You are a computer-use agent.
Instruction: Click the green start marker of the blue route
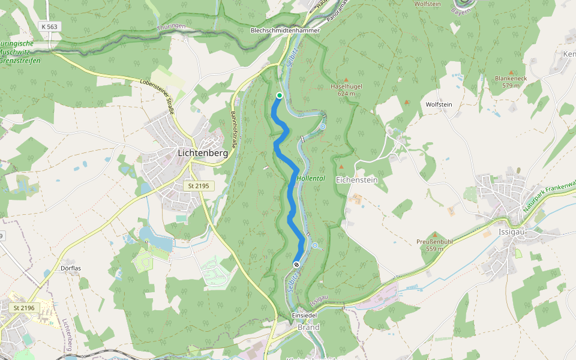tap(280, 95)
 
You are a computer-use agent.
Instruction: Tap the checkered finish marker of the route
tap(296, 264)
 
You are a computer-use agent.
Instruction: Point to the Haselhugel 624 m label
tap(346, 89)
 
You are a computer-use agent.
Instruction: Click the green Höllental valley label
tap(311, 179)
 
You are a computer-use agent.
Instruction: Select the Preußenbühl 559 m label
tap(434, 245)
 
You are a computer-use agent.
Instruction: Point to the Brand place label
tap(308, 328)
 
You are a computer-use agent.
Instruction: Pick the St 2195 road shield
tap(199, 186)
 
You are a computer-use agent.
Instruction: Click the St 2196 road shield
tap(25, 308)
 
